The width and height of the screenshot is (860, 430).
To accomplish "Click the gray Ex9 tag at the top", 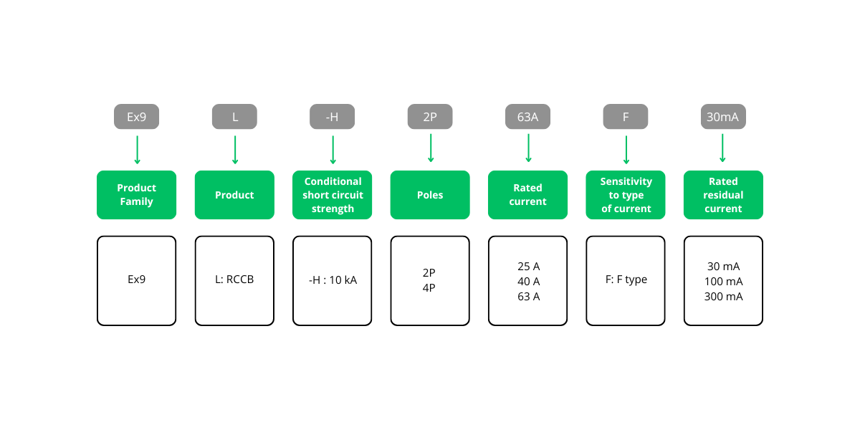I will [x=136, y=117].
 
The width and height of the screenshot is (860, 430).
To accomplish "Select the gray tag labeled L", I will [x=234, y=117].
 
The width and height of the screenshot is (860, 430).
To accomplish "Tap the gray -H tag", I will [x=332, y=117].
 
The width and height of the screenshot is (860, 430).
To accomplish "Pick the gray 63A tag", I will [x=527, y=117].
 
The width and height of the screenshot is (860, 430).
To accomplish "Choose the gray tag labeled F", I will [x=625, y=117].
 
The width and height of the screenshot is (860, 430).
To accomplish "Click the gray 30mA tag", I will [x=722, y=117].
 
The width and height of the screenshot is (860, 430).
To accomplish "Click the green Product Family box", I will [x=136, y=195].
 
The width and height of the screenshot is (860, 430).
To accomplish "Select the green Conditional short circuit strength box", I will [x=332, y=195].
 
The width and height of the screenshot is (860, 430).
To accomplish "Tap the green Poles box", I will [x=430, y=195].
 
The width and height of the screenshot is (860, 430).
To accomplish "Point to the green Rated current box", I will [x=527, y=195].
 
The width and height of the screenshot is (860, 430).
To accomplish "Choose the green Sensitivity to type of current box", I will [x=625, y=195].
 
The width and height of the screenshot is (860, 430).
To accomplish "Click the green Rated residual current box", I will [x=722, y=195].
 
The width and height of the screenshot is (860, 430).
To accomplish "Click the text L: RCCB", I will [x=234, y=279].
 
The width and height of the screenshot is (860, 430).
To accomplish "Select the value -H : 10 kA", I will [x=332, y=280].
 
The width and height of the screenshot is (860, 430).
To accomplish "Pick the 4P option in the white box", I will [x=429, y=287].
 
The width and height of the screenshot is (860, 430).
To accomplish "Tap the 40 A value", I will [x=528, y=281].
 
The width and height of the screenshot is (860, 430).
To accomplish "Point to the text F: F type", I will [x=626, y=279].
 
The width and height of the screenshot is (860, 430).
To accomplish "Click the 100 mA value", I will [x=723, y=281].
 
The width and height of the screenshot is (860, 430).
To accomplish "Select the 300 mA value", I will [x=723, y=296].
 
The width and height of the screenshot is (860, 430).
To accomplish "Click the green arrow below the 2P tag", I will [x=430, y=148].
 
